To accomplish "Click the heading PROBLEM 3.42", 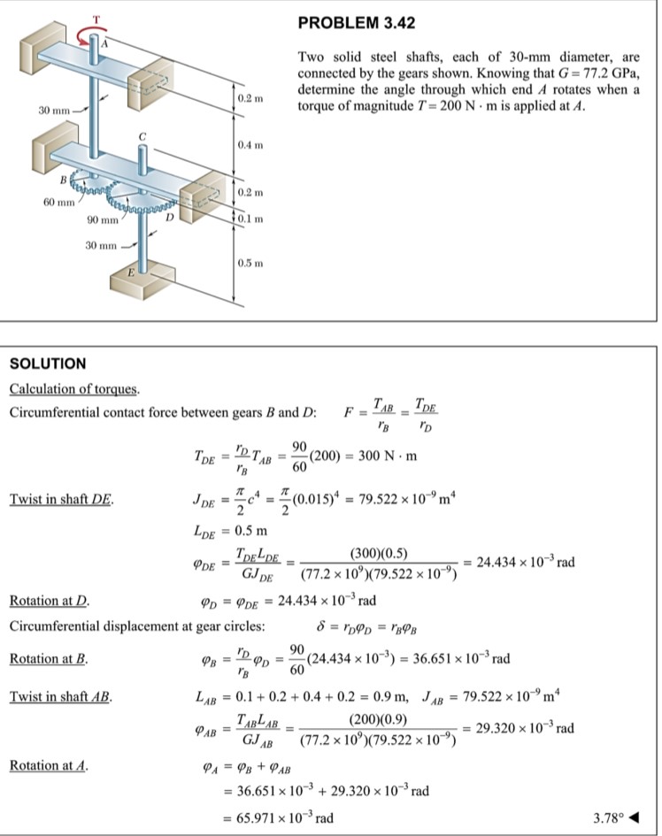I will coord(357,21).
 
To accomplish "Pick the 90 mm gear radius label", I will coord(104,219).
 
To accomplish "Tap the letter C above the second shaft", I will coord(139,135).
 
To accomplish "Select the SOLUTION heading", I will coord(47,364).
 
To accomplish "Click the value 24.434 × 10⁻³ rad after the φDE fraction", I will coord(526,563).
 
